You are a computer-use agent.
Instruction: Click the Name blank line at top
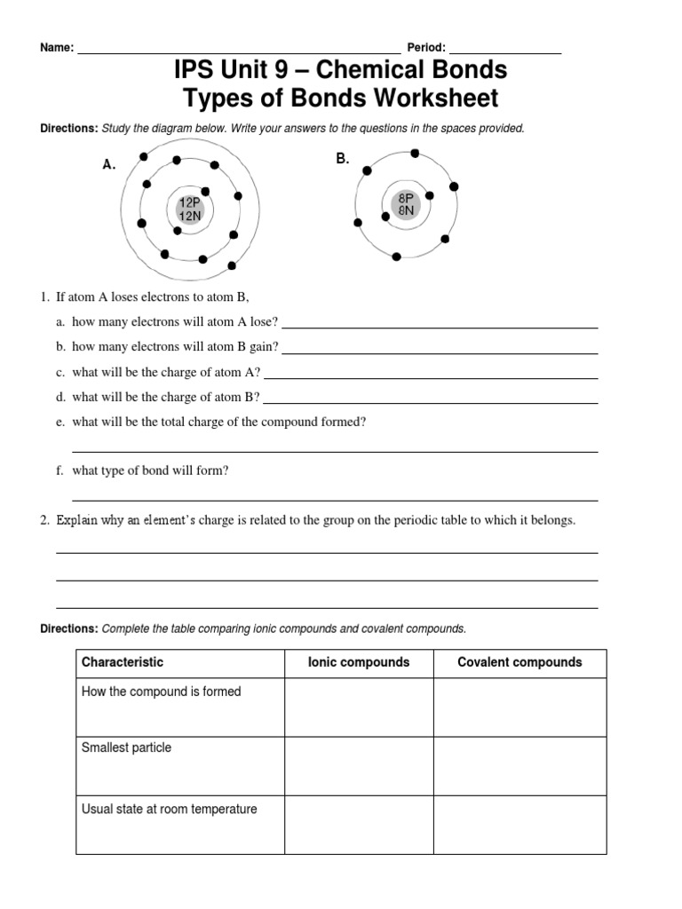[239, 51]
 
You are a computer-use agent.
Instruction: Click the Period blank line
[505, 51]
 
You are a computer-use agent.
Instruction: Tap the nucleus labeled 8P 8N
[406, 204]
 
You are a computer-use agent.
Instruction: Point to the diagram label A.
[108, 165]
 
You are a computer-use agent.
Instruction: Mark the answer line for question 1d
[430, 402]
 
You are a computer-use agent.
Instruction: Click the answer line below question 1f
[334, 499]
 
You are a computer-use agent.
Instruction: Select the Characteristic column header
[123, 662]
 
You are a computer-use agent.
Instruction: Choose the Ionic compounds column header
[359, 662]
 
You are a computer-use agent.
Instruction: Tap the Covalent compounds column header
[519, 662]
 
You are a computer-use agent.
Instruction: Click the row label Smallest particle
[126, 747]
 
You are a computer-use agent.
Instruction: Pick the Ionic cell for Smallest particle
[359, 765]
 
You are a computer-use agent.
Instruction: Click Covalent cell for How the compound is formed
[519, 708]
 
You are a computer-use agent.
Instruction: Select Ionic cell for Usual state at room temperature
[359, 825]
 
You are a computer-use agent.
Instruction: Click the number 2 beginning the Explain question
[44, 521]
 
